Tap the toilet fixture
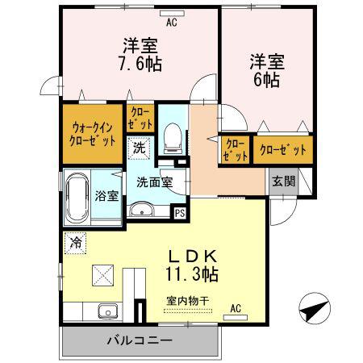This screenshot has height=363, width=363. click(173, 138)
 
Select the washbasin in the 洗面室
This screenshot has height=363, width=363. click(142, 209)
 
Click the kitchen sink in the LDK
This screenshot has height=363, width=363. click(108, 311)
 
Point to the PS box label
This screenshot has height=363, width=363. click(180, 213)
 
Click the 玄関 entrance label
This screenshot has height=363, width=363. click(284, 181)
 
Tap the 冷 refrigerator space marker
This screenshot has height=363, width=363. click(76, 243)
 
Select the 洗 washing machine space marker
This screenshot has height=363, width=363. click(139, 148)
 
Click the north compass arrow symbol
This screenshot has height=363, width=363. click(315, 308)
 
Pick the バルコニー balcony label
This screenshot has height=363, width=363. click(140, 341)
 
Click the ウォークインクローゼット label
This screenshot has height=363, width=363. click(92, 134)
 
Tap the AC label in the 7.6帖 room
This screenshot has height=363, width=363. click(172, 23)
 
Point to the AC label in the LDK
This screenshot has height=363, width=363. click(236, 308)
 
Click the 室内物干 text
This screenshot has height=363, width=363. click(188, 301)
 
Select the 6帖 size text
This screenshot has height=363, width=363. click(267, 80)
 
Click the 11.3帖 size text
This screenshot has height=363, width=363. click(191, 273)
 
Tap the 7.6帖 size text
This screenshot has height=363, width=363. click(140, 64)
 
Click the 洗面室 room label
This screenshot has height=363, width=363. click(154, 182)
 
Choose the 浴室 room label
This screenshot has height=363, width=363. click(106, 196)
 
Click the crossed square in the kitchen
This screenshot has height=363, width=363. click(102, 275)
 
